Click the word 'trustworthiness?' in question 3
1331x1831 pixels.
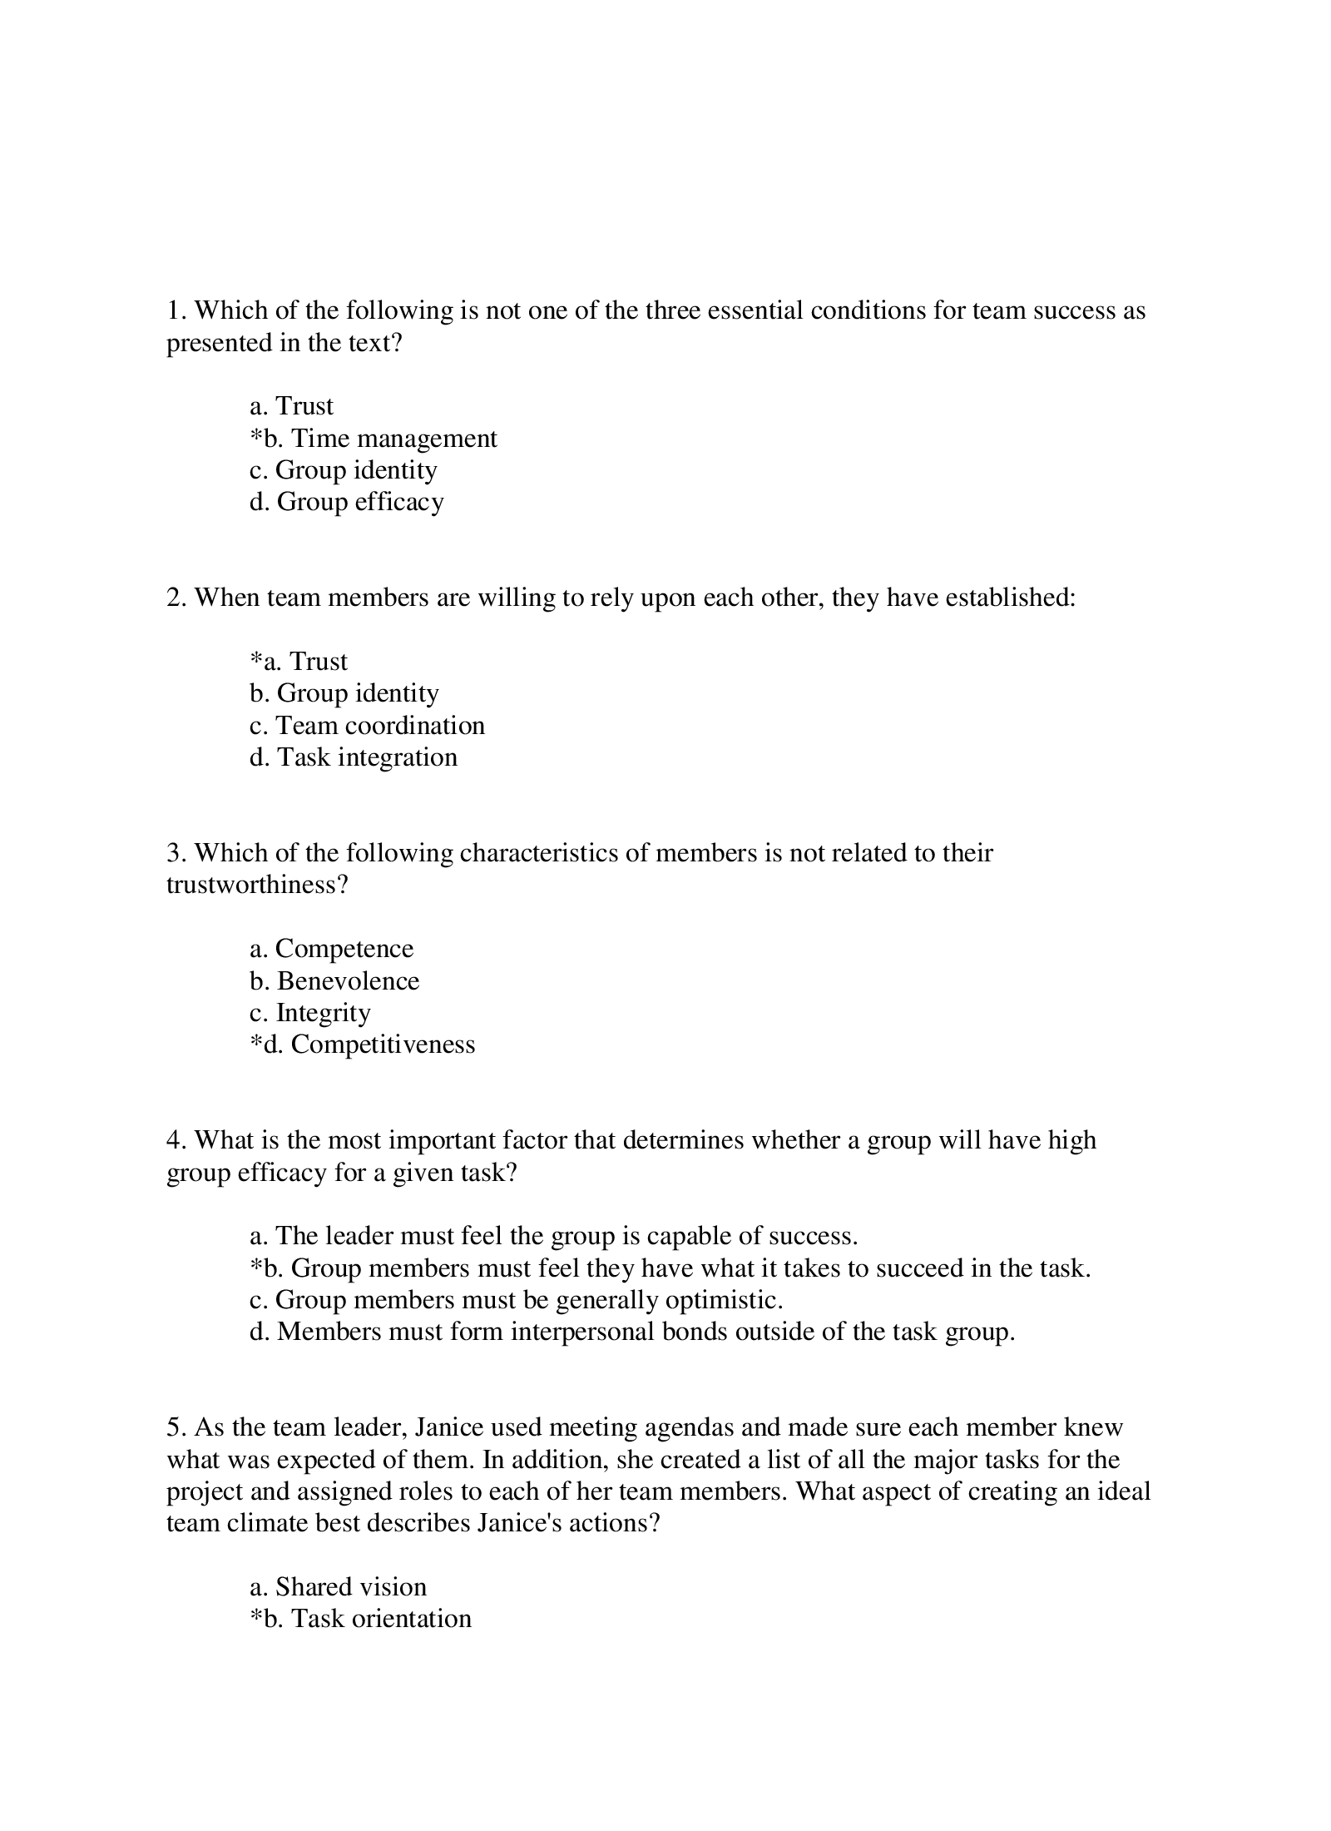[x=257, y=885]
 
